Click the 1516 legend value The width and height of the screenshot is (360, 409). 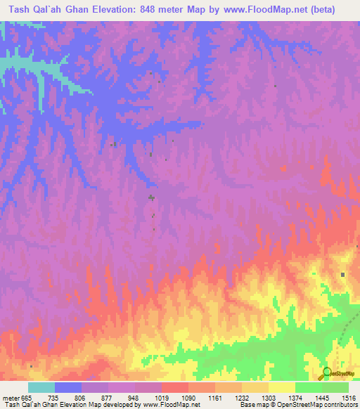(347, 397)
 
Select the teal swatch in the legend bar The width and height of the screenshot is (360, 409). (41, 387)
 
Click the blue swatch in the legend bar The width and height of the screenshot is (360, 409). (68, 387)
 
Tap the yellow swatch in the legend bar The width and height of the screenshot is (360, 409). (281, 387)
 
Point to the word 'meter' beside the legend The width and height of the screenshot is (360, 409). (10, 397)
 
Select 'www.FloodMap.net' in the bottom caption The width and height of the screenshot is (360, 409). (169, 405)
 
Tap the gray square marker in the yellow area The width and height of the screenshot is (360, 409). (343, 275)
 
